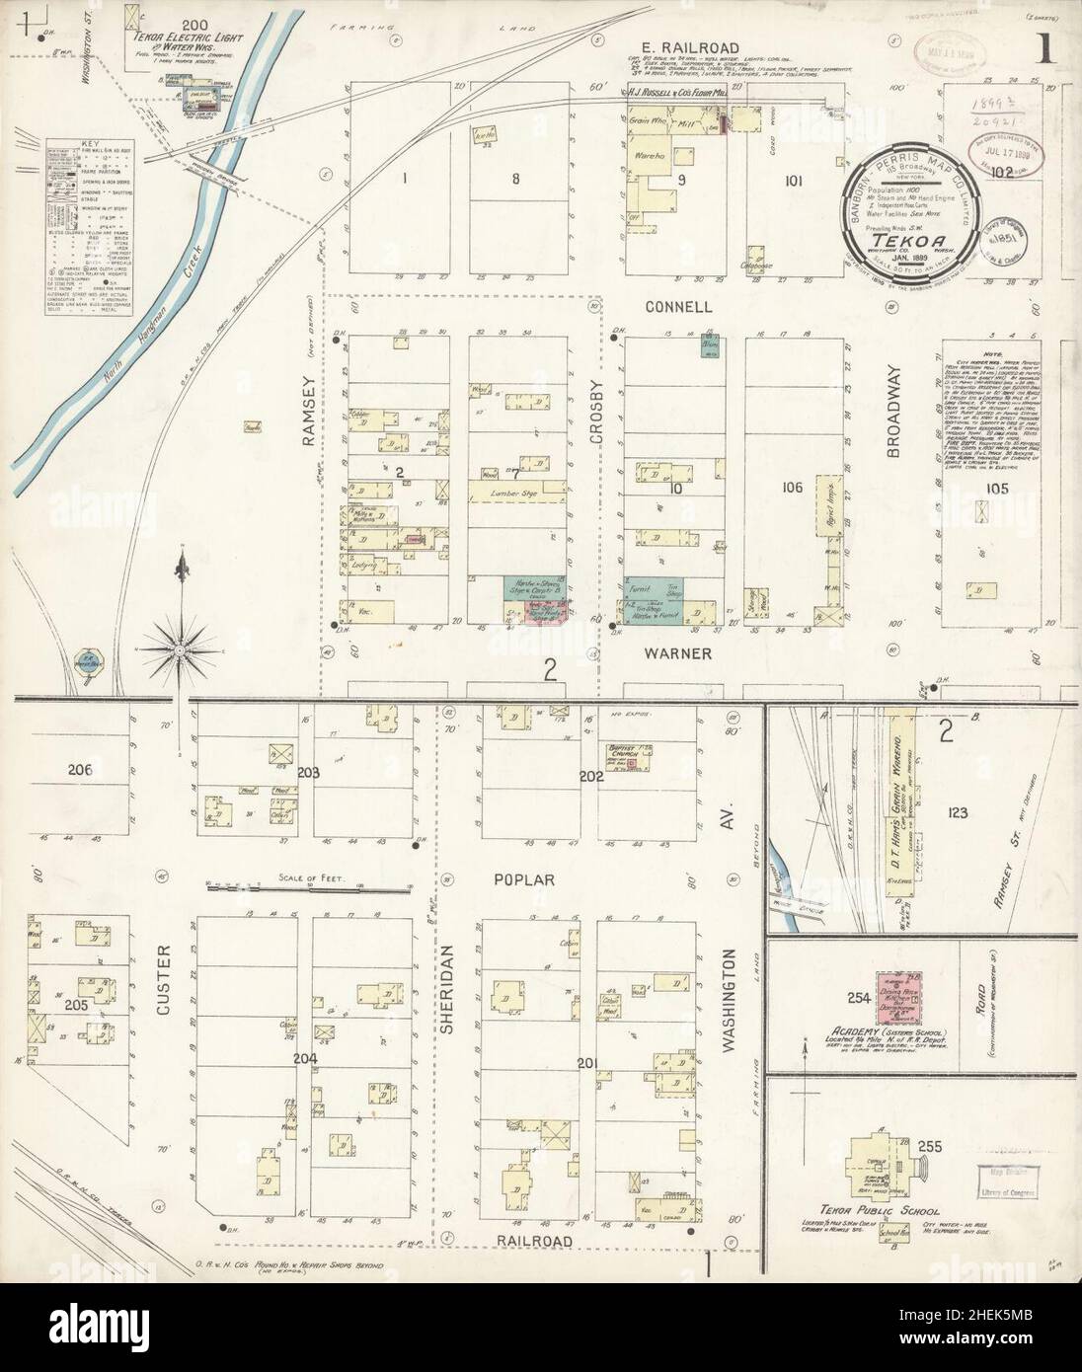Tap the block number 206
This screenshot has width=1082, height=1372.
click(x=80, y=770)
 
